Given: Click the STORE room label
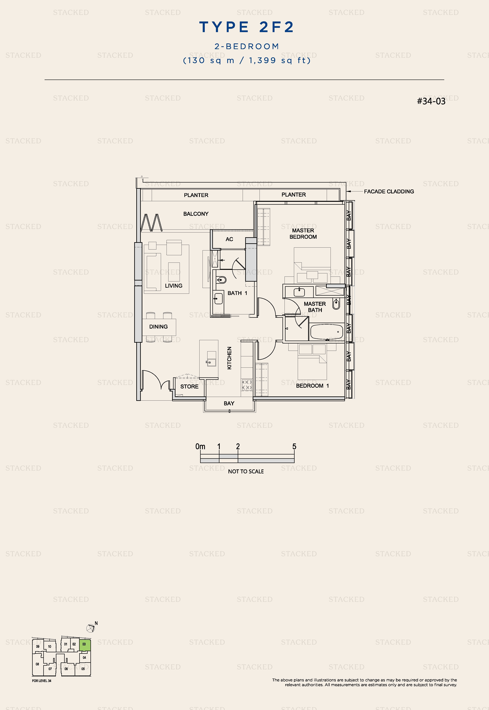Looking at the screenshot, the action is [189, 386].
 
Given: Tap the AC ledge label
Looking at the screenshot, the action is [229, 239].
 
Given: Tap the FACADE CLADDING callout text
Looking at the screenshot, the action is [389, 191].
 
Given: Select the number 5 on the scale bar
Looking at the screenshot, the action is [294, 446].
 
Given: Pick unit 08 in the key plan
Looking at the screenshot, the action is [37, 664].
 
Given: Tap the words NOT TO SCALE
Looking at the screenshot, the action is [246, 471].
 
